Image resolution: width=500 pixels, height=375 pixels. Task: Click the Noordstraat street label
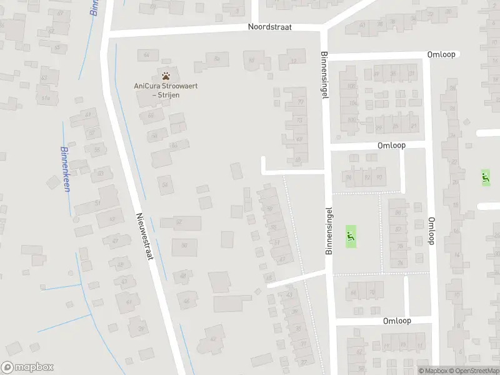pyautogui.click(x=274, y=27)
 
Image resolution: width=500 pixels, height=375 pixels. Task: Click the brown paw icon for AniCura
pyautogui.click(x=166, y=75)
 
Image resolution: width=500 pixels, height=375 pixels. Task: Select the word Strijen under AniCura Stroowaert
pyautogui.click(x=169, y=94)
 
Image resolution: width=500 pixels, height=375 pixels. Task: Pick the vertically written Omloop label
pyautogui.click(x=431, y=231)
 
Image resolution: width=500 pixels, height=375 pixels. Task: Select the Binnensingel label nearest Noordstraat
pyautogui.click(x=324, y=74)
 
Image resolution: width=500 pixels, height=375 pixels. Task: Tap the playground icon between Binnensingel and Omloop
pyautogui.click(x=350, y=237)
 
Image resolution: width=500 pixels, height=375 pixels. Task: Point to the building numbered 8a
pyautogui.click(x=217, y=59)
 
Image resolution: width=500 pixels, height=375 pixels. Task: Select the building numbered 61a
pyautogui.click(x=45, y=98)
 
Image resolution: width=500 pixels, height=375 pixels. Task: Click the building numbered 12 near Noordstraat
pyautogui.click(x=294, y=61)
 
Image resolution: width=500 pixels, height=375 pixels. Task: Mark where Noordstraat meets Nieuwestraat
pyautogui.click(x=106, y=34)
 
